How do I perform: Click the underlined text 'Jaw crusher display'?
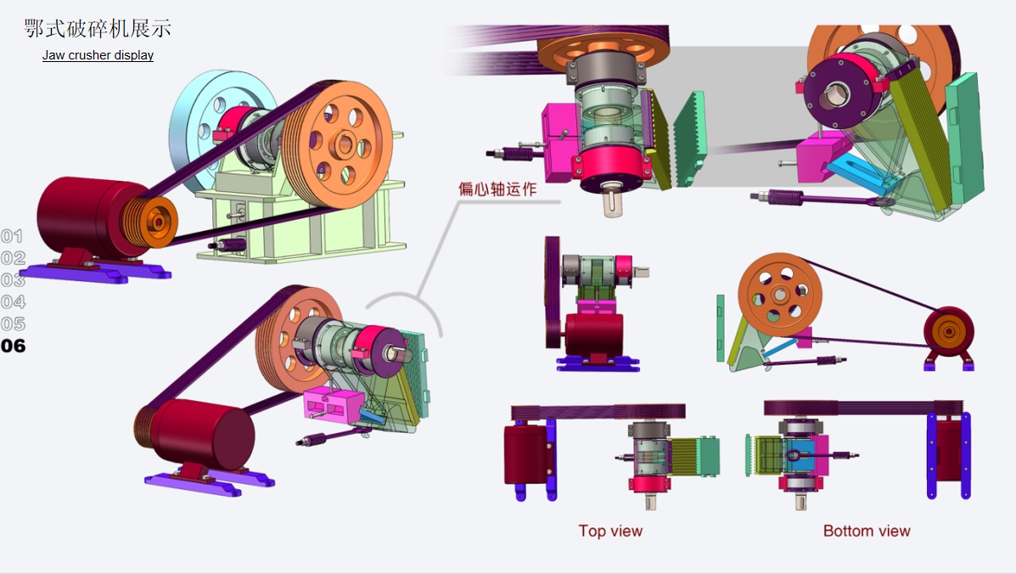(98, 56)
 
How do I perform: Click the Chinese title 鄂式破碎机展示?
(98, 28)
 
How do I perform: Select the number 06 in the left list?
(14, 346)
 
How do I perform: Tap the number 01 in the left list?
(13, 237)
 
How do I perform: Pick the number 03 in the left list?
(13, 280)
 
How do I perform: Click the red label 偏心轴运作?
(497, 189)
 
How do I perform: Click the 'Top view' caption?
(610, 531)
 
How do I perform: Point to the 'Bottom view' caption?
(866, 531)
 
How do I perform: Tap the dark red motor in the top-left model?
(81, 217)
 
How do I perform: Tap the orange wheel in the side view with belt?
(779, 294)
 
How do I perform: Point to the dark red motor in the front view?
(594, 335)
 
